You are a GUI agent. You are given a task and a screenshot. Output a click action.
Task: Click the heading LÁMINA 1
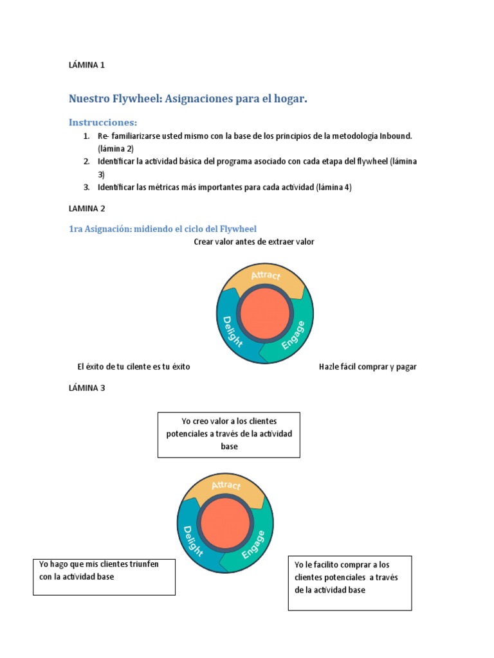(86, 65)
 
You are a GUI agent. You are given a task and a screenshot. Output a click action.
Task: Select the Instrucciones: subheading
(103, 122)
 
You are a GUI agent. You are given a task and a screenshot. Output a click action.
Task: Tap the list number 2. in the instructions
(86, 161)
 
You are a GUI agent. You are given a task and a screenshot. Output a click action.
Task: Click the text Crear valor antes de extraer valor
(253, 242)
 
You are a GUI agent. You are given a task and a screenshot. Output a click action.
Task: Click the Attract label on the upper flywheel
(266, 275)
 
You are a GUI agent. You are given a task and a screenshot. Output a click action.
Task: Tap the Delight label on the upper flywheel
(232, 331)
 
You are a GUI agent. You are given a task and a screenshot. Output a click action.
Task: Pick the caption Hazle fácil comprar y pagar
(367, 367)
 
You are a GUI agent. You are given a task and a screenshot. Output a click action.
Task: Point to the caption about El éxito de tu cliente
(133, 367)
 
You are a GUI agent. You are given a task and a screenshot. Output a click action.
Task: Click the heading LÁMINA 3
(86, 387)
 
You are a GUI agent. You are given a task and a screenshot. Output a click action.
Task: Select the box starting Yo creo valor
(229, 434)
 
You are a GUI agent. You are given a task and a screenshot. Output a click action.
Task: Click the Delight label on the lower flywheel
(193, 541)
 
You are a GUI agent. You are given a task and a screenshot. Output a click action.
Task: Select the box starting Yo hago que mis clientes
(104, 576)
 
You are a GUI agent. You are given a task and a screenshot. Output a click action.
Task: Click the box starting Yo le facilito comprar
(350, 583)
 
